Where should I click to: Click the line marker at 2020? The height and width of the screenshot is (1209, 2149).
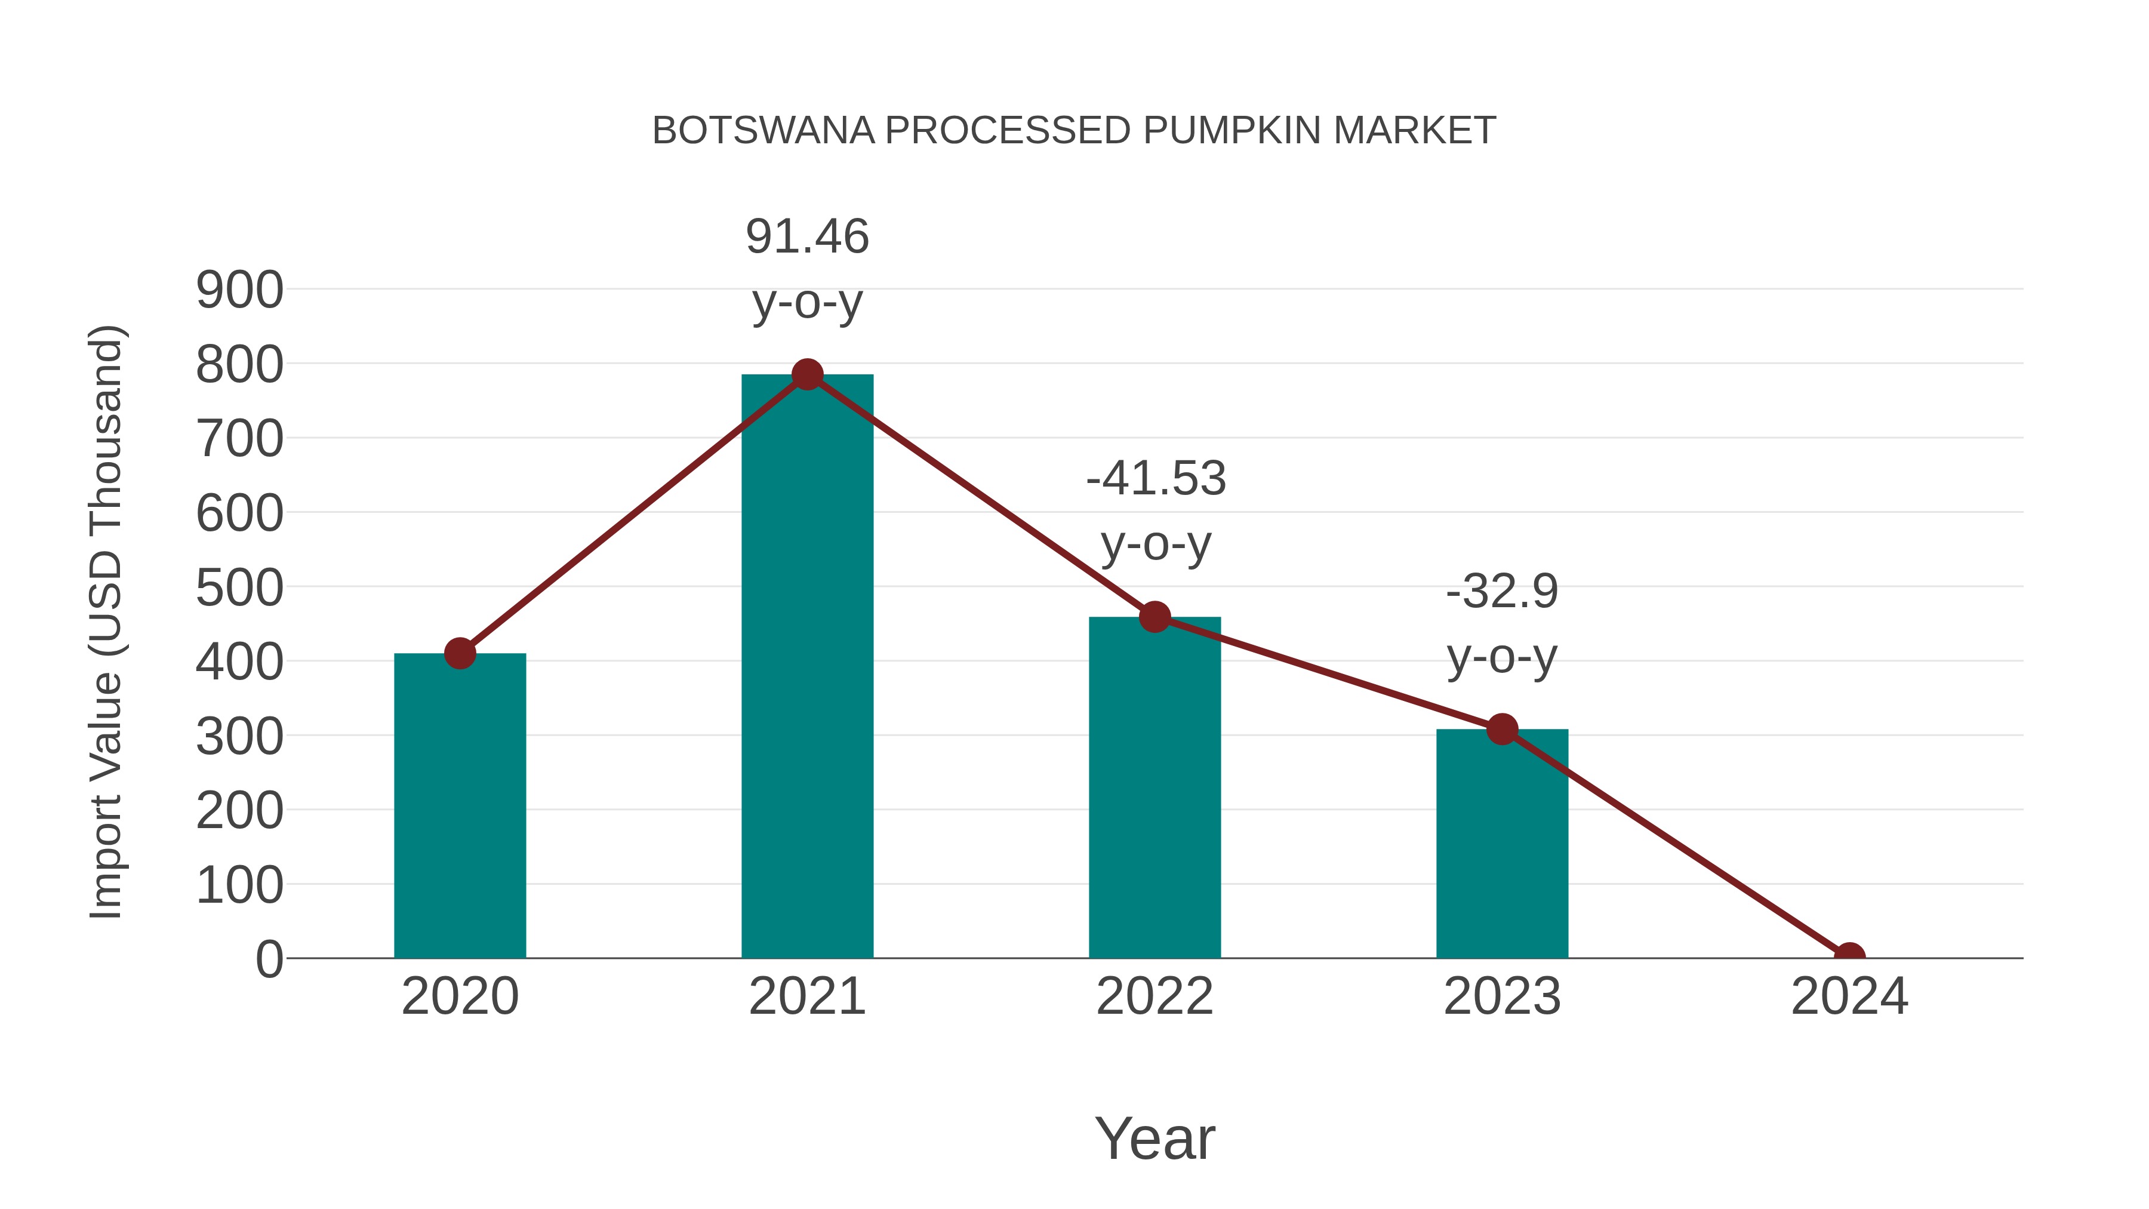click(460, 653)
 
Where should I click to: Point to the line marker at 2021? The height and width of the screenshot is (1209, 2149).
click(806, 374)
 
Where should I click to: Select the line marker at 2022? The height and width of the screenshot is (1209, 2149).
click(1154, 617)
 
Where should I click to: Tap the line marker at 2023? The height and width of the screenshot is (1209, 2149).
click(1502, 729)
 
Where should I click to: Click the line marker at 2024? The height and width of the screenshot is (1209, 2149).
click(1849, 956)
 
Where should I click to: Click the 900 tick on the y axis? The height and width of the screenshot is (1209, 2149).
click(239, 291)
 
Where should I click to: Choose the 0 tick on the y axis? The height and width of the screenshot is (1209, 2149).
click(269, 959)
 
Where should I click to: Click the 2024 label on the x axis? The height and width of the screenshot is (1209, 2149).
click(1849, 996)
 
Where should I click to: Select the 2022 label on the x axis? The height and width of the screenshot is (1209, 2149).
click(1154, 996)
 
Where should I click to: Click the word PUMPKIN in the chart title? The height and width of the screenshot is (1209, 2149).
click(1231, 131)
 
